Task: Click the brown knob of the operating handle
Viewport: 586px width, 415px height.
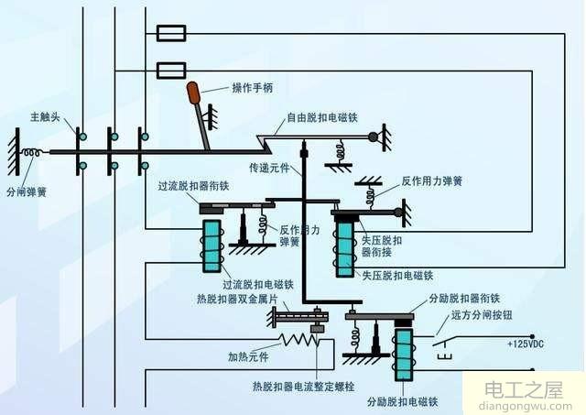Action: [x=194, y=93]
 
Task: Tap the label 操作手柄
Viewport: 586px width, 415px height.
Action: [x=252, y=88]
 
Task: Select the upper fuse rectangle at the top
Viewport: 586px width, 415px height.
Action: [x=172, y=34]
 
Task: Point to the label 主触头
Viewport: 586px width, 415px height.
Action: [x=46, y=116]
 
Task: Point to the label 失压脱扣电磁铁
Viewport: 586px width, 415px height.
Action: [x=396, y=275]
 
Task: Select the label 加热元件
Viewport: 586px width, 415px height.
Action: [x=248, y=356]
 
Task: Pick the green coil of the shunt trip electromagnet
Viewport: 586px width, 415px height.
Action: [x=403, y=354]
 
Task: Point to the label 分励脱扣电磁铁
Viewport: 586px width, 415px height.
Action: [x=402, y=401]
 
